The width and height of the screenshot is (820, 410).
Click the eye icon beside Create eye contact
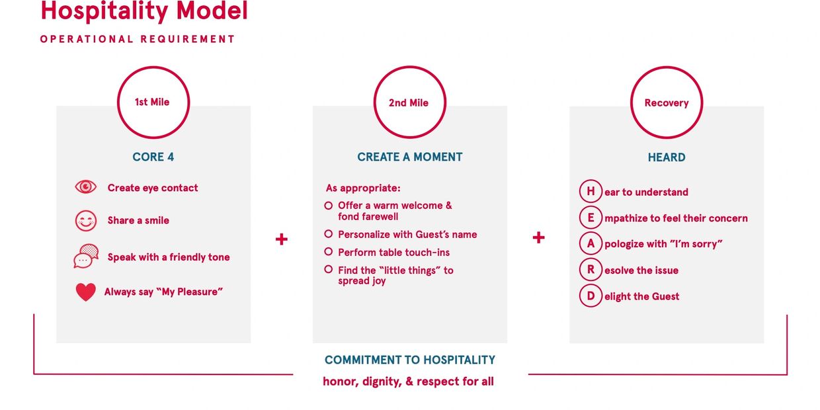coord(86,187)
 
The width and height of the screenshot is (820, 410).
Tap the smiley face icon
coord(86,220)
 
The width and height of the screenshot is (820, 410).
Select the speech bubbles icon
coord(86,257)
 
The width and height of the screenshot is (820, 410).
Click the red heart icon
coord(86,292)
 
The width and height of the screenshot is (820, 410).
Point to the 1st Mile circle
coord(153,67)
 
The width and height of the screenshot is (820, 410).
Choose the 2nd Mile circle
coord(409,67)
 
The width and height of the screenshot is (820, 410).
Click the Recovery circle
coord(667,67)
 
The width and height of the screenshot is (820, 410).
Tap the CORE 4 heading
coord(153,157)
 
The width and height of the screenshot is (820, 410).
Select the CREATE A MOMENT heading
coord(409,157)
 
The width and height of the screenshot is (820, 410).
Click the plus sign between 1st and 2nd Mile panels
coord(282,239)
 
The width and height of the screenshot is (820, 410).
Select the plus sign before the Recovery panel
coord(538,237)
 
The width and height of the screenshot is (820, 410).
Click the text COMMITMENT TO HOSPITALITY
coord(409,360)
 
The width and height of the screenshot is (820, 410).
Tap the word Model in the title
coord(212,11)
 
